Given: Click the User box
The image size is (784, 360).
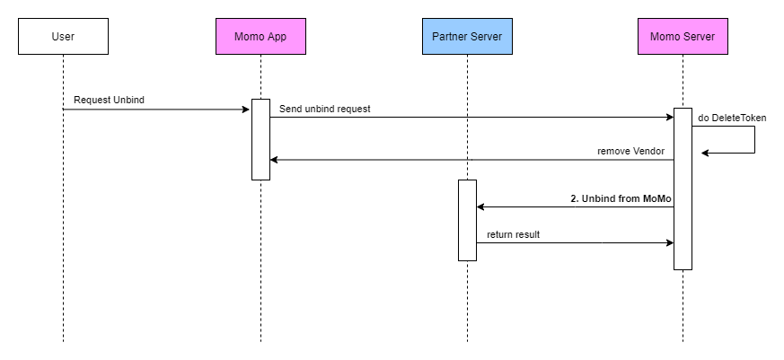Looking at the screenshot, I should point(63,37).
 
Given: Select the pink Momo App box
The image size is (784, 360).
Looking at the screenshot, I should point(260,37).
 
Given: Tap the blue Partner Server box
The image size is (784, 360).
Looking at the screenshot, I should point(467,37).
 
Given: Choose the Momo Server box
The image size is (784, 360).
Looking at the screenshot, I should point(683,37).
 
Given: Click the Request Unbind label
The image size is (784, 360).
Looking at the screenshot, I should point(109,100).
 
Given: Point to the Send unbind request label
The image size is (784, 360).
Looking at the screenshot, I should point(324,109).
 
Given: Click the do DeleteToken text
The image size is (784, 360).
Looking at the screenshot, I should point(732,118).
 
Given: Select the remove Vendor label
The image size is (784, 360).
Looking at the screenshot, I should point(630,152).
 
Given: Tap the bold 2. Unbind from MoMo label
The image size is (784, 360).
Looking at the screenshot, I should point(621,198).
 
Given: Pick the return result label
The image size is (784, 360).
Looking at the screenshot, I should point(514,234).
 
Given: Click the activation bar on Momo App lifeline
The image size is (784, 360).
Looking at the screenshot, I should point(260,139).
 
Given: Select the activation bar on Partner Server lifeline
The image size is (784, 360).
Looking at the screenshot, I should point(467,220).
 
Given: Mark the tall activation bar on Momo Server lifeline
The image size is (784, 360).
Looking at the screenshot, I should point(683,189).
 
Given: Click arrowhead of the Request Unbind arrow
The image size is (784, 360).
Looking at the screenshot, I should point(246,110).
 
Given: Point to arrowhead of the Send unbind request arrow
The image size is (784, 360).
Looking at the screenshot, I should point(669,118).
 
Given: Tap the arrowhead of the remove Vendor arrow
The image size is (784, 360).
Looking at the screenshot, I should point(275,160).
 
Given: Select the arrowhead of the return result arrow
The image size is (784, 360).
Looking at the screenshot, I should point(669,242).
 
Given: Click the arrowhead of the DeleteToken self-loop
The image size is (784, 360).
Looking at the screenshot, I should point(706,153).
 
